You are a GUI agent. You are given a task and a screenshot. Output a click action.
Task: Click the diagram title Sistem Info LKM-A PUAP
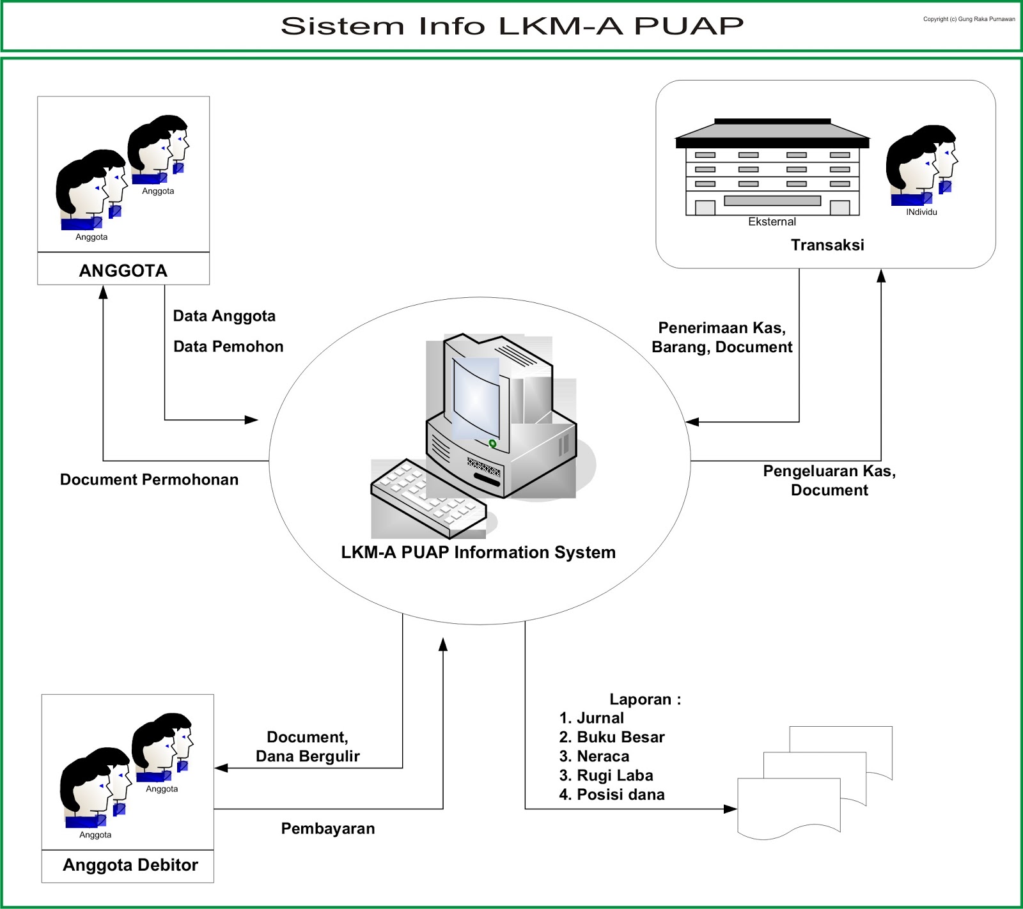[x=512, y=26]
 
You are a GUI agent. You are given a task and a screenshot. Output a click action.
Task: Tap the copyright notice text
[x=969, y=19]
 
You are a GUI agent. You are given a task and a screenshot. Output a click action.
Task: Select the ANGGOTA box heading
[x=123, y=270]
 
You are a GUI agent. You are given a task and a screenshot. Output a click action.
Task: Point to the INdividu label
[x=921, y=212]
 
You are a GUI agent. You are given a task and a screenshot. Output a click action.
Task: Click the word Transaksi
[x=827, y=245]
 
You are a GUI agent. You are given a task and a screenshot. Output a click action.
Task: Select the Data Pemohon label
[x=228, y=346]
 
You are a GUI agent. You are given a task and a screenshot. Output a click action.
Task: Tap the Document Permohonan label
[x=149, y=479]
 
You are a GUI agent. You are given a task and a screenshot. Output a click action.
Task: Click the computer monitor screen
[x=476, y=396]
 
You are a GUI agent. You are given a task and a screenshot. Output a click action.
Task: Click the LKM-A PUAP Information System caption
[x=478, y=552]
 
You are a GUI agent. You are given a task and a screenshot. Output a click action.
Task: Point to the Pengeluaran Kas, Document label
[x=829, y=481]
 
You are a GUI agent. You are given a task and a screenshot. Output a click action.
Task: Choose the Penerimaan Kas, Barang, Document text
[x=722, y=338]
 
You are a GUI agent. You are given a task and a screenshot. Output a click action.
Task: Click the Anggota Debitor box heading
[x=130, y=865]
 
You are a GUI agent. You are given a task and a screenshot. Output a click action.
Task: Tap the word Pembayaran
[x=328, y=828]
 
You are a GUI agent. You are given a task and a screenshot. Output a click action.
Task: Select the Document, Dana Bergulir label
[x=308, y=747]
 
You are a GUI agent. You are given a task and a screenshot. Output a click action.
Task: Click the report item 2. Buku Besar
[x=612, y=737]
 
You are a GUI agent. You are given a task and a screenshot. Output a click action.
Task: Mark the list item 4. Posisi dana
[x=612, y=795]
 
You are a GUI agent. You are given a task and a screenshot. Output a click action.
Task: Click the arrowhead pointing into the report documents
[x=731, y=809]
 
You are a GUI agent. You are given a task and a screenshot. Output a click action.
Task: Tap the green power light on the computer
[x=492, y=443]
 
